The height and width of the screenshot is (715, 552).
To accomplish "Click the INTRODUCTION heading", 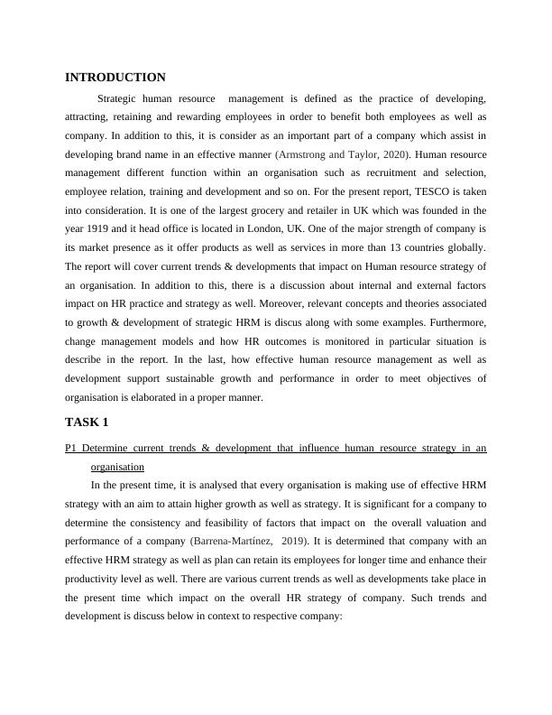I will (x=115, y=78).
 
